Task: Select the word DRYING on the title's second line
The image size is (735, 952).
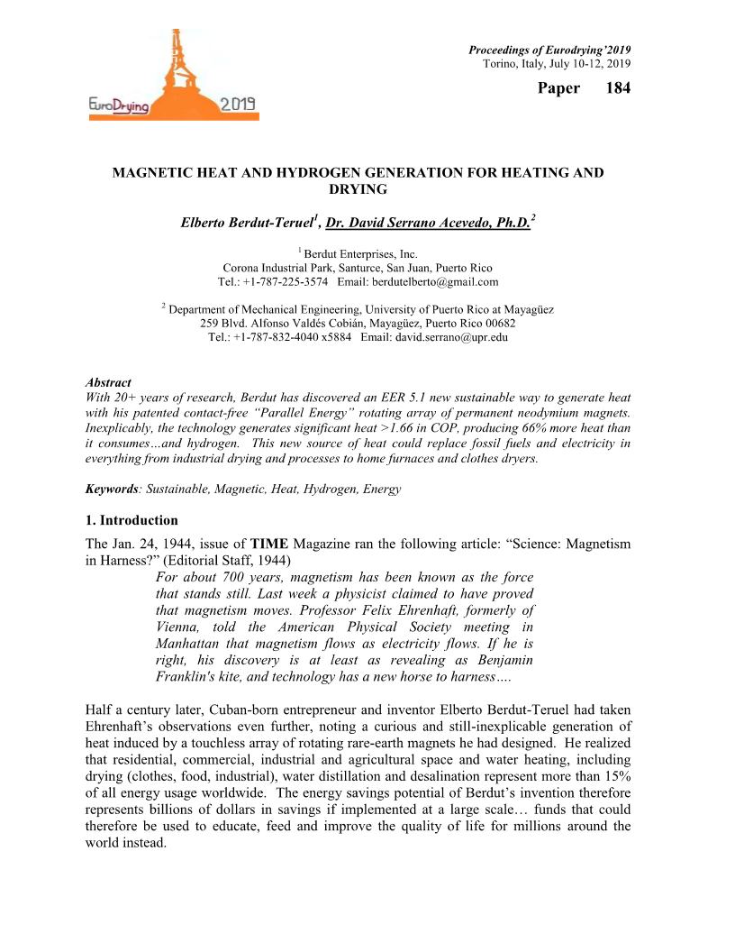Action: coord(358,188)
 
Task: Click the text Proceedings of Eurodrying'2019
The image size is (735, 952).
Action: coord(549,49)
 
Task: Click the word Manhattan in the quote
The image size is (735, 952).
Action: coord(192,644)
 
